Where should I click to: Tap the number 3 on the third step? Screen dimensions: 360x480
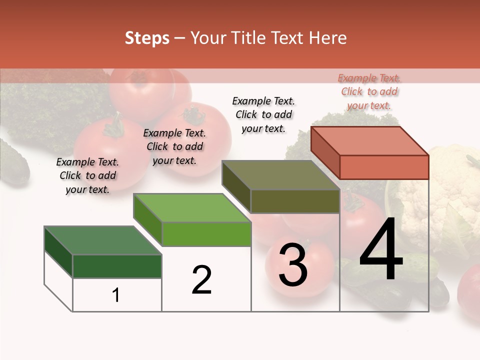click(292, 265)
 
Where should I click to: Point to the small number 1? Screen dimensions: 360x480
click(116, 295)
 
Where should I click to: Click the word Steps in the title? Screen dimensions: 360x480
click(147, 38)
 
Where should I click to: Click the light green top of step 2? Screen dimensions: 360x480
click(192, 208)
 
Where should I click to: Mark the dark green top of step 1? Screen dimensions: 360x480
click(103, 240)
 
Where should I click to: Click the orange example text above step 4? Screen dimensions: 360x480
click(369, 91)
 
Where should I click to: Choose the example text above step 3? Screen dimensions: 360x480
click(263, 114)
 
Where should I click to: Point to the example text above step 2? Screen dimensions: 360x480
click(174, 146)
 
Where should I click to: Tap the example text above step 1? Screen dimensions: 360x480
click(87, 175)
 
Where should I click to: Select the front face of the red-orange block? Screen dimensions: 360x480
click(384, 167)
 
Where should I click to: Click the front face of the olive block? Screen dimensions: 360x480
click(295, 201)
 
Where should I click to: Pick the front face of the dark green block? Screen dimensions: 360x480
click(117, 266)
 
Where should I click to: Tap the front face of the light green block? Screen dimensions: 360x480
click(206, 234)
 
